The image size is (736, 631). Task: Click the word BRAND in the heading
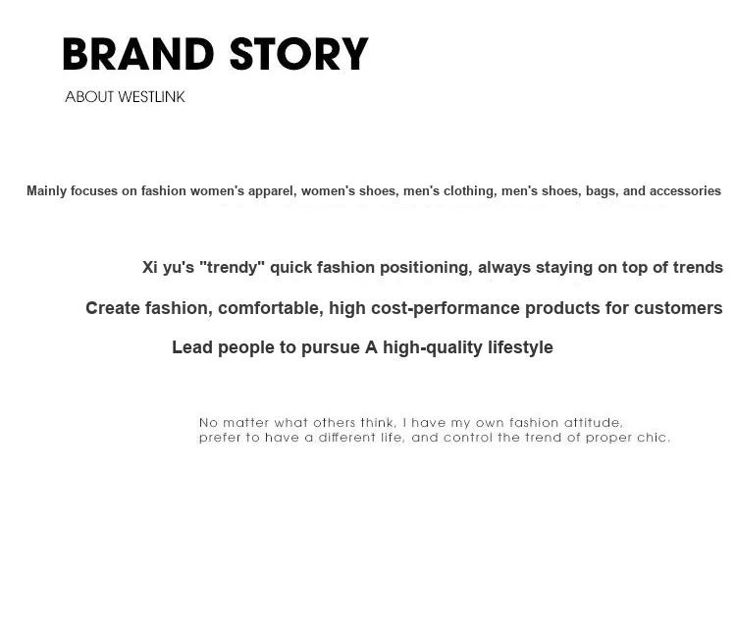138,54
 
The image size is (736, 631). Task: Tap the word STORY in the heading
299,54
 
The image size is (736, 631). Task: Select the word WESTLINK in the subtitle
151,97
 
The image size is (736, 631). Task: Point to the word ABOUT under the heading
89,97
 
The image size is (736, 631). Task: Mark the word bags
602,191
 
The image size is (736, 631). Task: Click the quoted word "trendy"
232,267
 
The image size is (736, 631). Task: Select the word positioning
426,267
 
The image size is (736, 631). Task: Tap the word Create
113,308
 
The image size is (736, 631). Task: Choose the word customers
678,308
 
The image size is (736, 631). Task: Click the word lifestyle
520,347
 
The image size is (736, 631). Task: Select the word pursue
331,348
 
